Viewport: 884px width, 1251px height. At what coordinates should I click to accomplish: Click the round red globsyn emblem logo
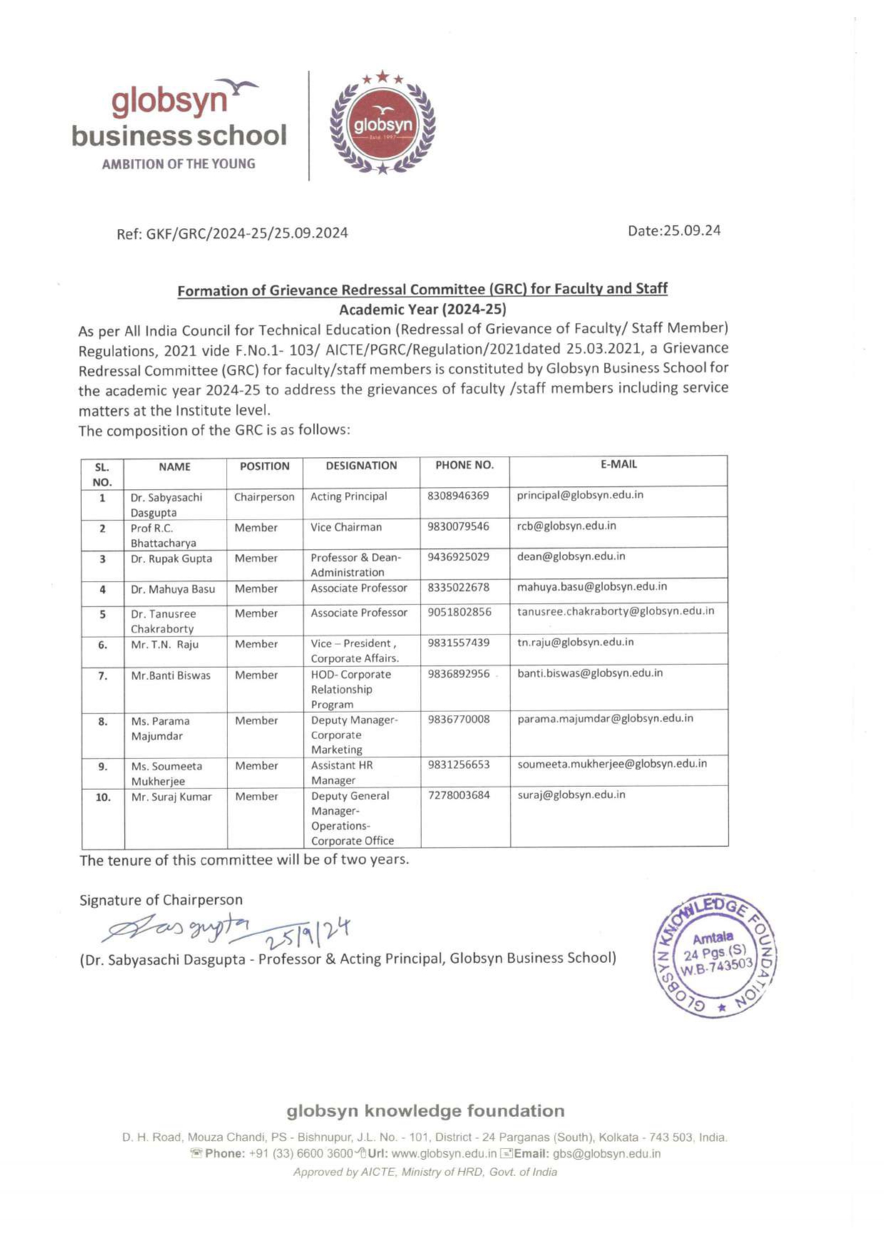point(383,125)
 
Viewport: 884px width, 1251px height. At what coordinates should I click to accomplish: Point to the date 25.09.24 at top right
point(674,230)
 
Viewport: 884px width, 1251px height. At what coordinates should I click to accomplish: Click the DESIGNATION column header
point(361,465)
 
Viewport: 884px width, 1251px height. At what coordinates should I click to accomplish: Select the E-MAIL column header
point(619,464)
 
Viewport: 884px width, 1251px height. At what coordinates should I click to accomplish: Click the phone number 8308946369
point(458,495)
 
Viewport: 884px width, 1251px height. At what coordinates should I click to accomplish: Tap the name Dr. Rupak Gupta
point(171,559)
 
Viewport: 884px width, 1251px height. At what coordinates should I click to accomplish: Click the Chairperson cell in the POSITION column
point(264,497)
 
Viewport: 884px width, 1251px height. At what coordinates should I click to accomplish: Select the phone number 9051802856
point(459,612)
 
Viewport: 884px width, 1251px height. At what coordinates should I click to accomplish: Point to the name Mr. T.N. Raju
point(165,644)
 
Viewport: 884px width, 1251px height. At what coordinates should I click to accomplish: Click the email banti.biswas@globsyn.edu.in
point(590,673)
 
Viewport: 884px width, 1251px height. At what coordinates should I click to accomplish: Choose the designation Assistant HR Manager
point(342,773)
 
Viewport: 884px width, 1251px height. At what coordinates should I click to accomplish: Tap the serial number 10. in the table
point(103,798)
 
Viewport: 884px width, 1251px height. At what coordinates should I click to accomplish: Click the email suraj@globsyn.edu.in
point(571,795)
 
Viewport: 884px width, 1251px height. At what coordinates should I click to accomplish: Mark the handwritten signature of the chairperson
point(178,928)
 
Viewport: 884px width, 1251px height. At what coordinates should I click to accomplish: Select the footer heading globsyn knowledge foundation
point(425,1111)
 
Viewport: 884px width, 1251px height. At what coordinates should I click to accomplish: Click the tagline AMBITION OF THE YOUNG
point(178,164)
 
